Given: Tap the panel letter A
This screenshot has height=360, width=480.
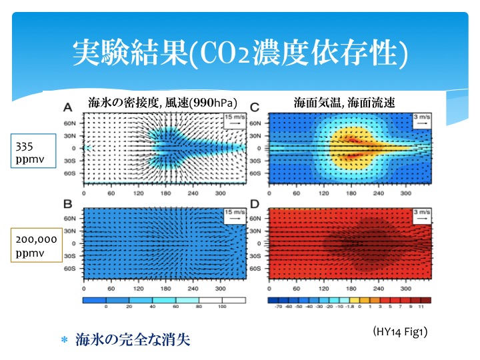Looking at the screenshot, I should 68,107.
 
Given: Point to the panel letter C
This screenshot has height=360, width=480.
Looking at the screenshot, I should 254,107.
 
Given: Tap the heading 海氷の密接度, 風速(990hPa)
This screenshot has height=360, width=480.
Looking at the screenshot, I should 163,103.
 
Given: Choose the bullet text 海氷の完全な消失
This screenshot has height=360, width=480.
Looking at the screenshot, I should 133,340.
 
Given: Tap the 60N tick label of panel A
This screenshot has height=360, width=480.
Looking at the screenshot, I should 69,123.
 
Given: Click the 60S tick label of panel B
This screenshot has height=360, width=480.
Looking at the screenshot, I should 69,269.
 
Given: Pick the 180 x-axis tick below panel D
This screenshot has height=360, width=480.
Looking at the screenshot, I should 351,289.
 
